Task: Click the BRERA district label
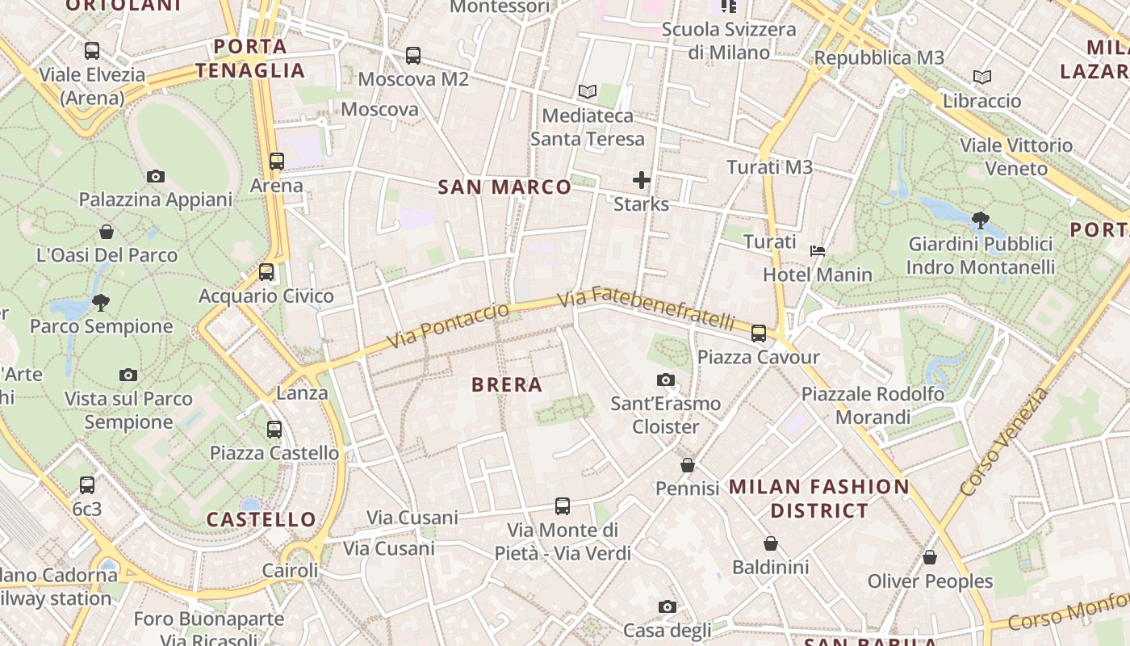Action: point(507,384)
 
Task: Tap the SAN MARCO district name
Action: point(504,187)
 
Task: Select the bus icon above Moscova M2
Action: point(413,56)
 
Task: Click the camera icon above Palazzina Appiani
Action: point(156,176)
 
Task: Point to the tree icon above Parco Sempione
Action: point(101,303)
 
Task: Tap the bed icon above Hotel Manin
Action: point(818,251)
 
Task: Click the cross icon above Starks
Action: point(642,179)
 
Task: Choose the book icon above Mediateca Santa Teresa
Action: point(588,92)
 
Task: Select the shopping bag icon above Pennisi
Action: point(688,465)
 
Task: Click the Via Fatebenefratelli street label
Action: point(647,308)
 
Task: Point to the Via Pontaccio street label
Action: point(448,325)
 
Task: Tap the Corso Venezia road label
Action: point(1004,443)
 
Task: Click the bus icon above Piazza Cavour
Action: point(758,333)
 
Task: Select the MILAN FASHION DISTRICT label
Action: point(819,498)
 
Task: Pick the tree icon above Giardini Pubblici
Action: point(981,220)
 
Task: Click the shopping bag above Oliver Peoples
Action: point(930,557)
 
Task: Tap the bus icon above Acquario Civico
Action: point(266,272)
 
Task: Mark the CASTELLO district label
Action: point(261,519)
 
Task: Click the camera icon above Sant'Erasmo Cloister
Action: point(666,380)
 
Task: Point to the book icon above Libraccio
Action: point(982,78)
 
